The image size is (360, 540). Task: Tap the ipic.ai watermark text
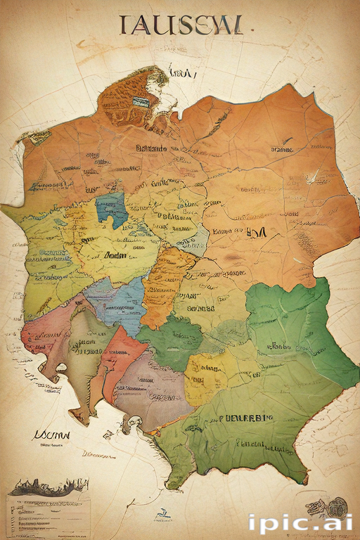point(301,524)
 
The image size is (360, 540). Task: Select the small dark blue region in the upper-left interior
point(111,209)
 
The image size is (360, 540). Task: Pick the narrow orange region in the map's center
point(166,281)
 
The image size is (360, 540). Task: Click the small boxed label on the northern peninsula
point(141,101)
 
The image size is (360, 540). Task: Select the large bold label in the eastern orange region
point(256,231)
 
